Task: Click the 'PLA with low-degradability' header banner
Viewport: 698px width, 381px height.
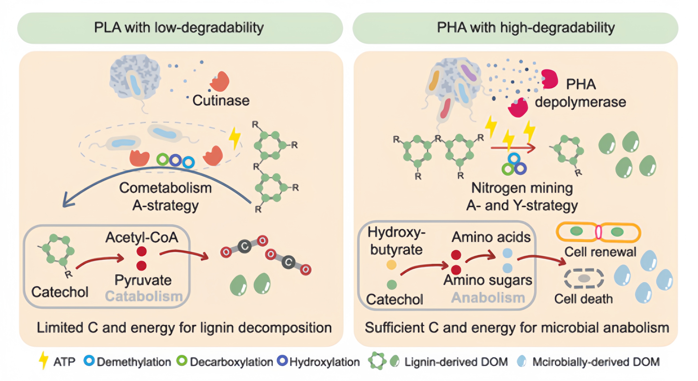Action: pyautogui.click(x=180, y=28)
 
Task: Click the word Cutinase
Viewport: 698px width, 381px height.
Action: pyautogui.click(x=221, y=101)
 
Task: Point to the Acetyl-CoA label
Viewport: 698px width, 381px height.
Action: pyautogui.click(x=142, y=237)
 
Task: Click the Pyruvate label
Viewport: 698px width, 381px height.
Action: pyautogui.click(x=143, y=280)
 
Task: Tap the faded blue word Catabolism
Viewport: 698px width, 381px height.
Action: pyautogui.click(x=144, y=296)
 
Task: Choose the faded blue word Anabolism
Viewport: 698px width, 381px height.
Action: pyautogui.click(x=488, y=297)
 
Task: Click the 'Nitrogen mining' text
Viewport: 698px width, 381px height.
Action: pyautogui.click(x=522, y=188)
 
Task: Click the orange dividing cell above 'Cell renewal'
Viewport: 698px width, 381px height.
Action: pyautogui.click(x=598, y=232)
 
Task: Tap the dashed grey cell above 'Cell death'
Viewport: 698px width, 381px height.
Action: pyautogui.click(x=584, y=278)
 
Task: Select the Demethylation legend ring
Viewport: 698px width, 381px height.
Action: pyautogui.click(x=89, y=361)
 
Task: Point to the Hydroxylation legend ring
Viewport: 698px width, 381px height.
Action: pyautogui.click(x=282, y=361)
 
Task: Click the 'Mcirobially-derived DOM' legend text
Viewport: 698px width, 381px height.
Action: pyautogui.click(x=596, y=362)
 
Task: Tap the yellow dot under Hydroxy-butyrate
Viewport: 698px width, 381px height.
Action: pyautogui.click(x=391, y=265)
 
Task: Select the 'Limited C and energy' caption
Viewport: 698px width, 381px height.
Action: pyautogui.click(x=184, y=328)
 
